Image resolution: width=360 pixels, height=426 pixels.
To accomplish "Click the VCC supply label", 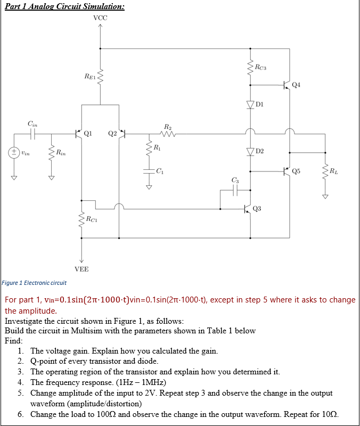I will click(100, 18).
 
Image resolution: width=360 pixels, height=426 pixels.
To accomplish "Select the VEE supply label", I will click(81, 269).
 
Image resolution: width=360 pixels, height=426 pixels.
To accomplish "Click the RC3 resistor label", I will click(260, 67).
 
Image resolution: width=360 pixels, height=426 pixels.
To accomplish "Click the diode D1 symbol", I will click(250, 105).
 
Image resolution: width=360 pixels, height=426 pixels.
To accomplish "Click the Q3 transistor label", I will click(257, 208).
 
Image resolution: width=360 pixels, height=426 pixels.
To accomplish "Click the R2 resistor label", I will click(168, 127).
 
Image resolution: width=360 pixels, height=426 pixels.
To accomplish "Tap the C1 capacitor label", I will click(160, 171).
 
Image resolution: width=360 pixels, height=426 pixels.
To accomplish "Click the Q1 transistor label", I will click(88, 133).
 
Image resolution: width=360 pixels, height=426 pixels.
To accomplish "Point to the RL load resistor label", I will click(333, 171).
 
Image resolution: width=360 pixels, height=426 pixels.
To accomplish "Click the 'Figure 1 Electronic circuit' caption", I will click(34, 283).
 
